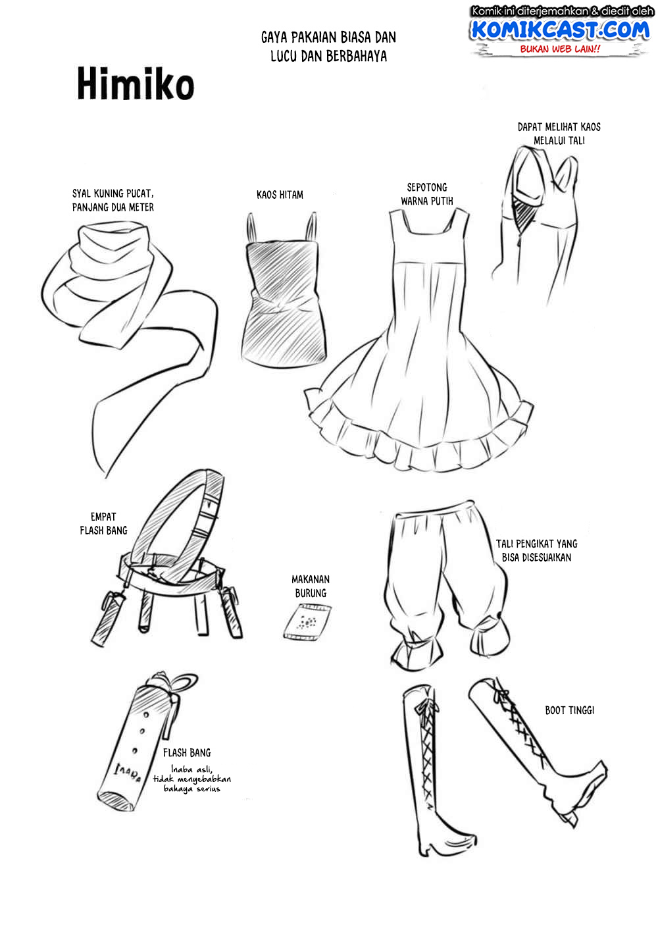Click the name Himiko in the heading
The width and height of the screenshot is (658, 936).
[x=136, y=84]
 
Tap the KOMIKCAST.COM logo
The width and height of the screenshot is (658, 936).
[x=560, y=30]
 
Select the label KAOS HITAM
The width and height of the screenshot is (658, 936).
[x=280, y=195]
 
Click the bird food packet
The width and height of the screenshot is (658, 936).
[x=308, y=622]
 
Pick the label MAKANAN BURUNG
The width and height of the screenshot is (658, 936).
[x=311, y=586]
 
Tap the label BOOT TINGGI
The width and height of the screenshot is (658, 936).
[x=569, y=710]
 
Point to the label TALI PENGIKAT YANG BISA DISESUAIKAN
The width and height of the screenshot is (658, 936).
[x=536, y=550]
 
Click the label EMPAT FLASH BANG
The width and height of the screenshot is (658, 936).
[x=103, y=523]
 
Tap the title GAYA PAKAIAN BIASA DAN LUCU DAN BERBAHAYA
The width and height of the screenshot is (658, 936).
[x=328, y=46]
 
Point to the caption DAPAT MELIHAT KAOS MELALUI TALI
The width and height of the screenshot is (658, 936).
[x=559, y=134]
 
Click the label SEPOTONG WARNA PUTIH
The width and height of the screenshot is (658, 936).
[x=427, y=194]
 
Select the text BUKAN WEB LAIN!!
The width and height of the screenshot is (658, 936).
[x=560, y=49]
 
